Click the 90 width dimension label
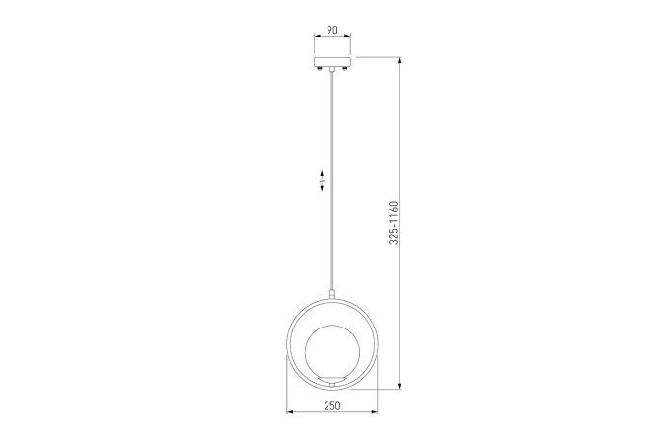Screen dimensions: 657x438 332,30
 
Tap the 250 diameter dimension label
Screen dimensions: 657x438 332,405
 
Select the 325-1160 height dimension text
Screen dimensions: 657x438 393,223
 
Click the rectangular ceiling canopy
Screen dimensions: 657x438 332,61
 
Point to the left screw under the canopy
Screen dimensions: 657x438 320,69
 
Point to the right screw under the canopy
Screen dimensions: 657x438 345,69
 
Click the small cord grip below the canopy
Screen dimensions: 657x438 332,69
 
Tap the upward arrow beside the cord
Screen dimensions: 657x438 322,173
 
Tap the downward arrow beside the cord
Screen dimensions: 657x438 322,187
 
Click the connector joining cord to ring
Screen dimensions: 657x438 332,294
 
